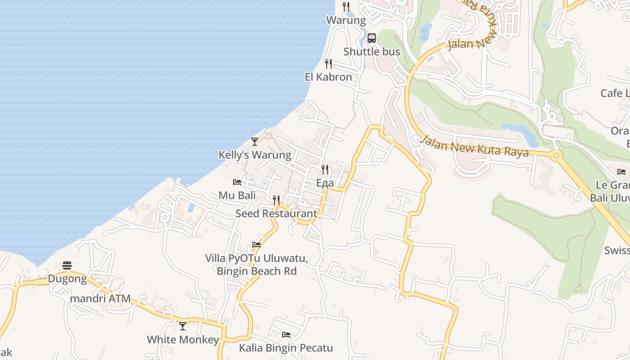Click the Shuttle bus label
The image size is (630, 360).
(372, 52)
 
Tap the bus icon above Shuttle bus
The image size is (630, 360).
(371, 38)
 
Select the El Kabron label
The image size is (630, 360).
(328, 77)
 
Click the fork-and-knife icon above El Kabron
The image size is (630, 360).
(328, 64)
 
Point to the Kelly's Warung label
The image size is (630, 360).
(255, 155)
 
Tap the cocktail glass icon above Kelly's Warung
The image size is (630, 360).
(255, 142)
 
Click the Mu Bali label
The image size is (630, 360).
(237, 196)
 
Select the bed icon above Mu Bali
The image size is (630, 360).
(237, 182)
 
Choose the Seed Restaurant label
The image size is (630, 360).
(276, 213)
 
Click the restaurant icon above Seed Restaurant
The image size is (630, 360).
(276, 200)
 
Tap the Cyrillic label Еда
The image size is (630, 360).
(325, 183)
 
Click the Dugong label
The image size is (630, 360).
(67, 279)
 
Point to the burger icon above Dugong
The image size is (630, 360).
(67, 265)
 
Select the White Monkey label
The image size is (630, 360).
(183, 340)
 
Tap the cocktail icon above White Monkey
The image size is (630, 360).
(183, 326)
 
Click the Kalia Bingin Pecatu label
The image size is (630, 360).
(286, 348)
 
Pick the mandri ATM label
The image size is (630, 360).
(99, 299)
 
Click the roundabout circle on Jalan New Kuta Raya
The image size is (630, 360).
(557, 156)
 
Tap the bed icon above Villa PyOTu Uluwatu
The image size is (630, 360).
(256, 245)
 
